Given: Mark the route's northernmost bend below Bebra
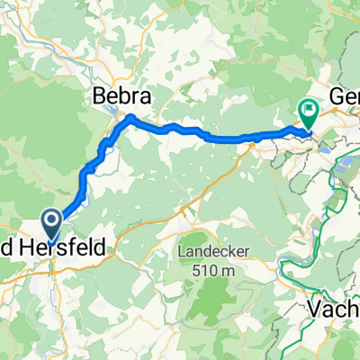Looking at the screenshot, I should pyautogui.click(x=130, y=117).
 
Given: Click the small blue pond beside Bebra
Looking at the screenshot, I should pyautogui.click(x=119, y=113).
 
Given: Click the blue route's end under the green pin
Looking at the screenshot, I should pyautogui.click(x=309, y=133).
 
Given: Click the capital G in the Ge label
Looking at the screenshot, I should pyautogui.click(x=337, y=96).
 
